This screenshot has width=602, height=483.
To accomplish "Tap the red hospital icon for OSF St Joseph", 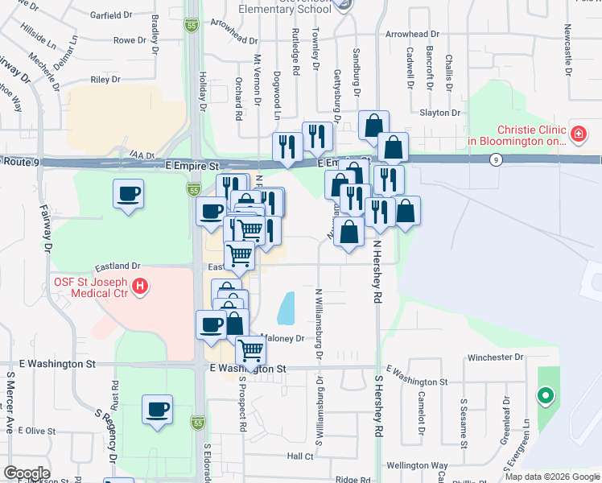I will point(141,285).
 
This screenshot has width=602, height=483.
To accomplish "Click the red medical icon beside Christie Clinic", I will point(577,132).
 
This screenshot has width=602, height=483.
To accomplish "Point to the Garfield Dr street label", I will point(111,15).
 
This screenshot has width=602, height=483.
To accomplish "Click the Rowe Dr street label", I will point(128,39).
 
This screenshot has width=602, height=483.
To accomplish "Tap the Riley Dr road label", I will point(105,80).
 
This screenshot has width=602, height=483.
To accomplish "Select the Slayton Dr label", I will point(439,113).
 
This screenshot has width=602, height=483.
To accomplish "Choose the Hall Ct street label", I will point(299,456).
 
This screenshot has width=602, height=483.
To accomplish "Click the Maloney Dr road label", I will point(281,339).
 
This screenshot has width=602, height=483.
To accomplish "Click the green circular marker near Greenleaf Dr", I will point(546,395).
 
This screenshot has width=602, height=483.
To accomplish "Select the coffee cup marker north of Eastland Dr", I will point(129,194).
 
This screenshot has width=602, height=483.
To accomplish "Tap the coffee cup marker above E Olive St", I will point(157,408).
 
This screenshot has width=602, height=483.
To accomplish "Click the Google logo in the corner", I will point(26,473).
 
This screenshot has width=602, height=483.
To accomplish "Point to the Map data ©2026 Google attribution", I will point(553,477).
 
